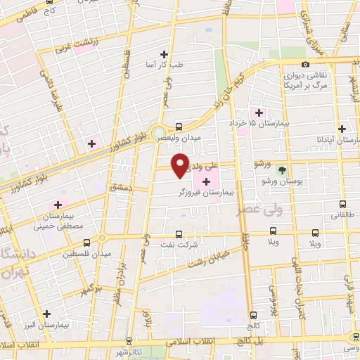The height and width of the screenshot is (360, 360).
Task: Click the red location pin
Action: click(181, 165)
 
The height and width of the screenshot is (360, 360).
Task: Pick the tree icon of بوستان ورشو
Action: click(282, 169)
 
